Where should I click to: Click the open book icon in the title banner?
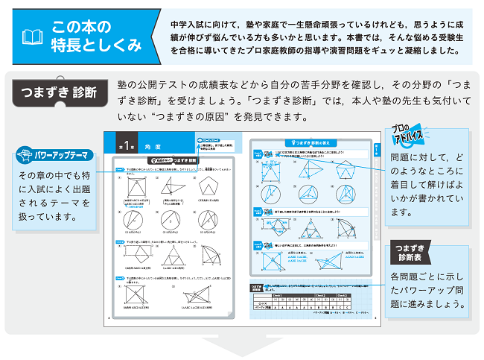(31, 37)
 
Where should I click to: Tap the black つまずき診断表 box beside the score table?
(259, 291)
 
